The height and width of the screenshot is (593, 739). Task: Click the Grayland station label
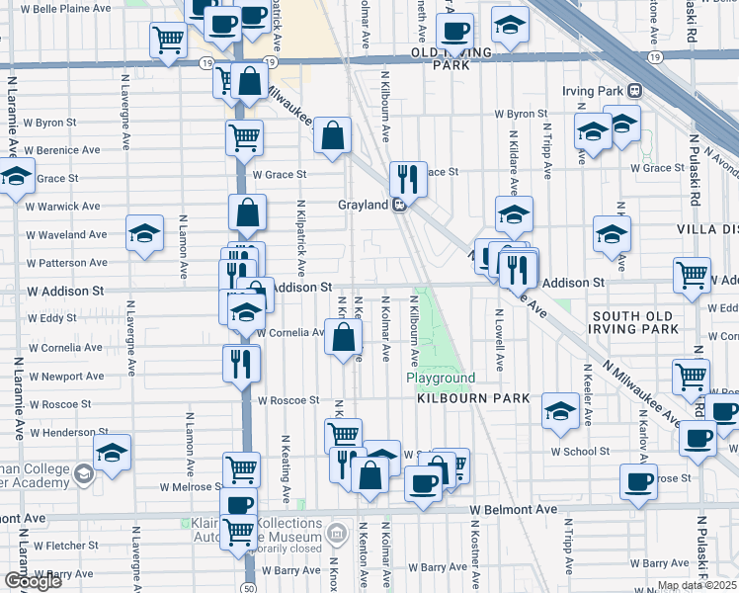pos(360,206)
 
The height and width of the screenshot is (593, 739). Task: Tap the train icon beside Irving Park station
pos(634,91)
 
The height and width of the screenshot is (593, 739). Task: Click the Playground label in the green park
pos(441,379)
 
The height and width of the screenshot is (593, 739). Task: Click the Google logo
pos(33,581)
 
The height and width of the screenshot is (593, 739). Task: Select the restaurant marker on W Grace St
pos(408,178)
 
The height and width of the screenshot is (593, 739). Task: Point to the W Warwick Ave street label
pos(63,207)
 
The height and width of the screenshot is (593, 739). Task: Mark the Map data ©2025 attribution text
pos(698,586)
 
